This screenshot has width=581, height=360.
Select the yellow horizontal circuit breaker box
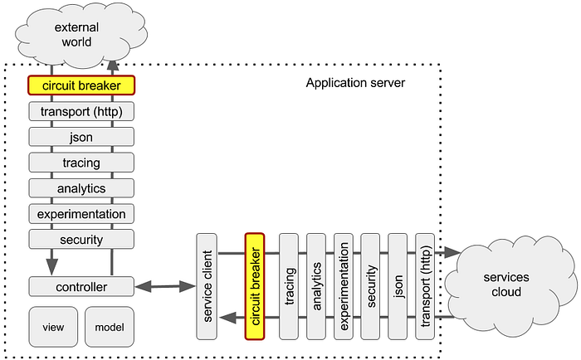[x=81, y=85]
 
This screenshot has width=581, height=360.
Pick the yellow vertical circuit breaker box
[x=254, y=286]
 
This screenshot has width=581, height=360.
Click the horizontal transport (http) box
[x=81, y=110]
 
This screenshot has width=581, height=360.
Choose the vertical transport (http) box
[x=425, y=286]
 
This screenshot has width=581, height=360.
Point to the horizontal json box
[x=81, y=136]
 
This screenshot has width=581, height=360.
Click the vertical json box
[x=398, y=286]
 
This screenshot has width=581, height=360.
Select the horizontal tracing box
[x=81, y=162]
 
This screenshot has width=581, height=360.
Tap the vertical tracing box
[x=289, y=286]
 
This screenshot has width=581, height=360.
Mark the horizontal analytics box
[x=81, y=187]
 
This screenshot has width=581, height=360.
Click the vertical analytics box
[x=316, y=286]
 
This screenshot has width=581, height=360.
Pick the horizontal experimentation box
[x=81, y=213]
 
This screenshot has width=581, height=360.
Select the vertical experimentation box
[x=344, y=286]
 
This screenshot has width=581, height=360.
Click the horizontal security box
[x=81, y=239]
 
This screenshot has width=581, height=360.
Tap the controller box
[x=81, y=287]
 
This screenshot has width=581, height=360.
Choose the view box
[x=52, y=327]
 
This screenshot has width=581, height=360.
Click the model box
[x=109, y=327]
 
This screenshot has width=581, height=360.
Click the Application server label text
[x=354, y=83]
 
